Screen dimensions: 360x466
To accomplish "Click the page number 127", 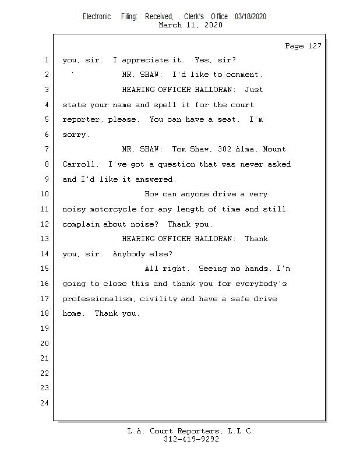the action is click(315, 46).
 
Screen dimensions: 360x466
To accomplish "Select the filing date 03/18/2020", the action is click(250, 17).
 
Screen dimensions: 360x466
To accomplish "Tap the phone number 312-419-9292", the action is click(191, 439).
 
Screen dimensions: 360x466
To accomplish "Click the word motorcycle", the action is click(113, 209).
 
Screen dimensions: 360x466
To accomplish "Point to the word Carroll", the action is click(79, 164).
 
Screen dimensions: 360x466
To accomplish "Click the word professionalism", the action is click(97, 299).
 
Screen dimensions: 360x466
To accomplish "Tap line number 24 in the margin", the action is click(45, 403).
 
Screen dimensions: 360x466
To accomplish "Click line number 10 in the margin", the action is click(45, 194).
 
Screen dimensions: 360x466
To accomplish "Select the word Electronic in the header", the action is click(97, 17).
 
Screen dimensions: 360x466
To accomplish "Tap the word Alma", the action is click(245, 149).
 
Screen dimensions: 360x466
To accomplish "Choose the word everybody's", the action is click(262, 284).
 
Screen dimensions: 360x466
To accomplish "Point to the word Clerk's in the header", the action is click(194, 17).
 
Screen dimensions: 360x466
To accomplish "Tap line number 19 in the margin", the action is click(45, 329).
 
